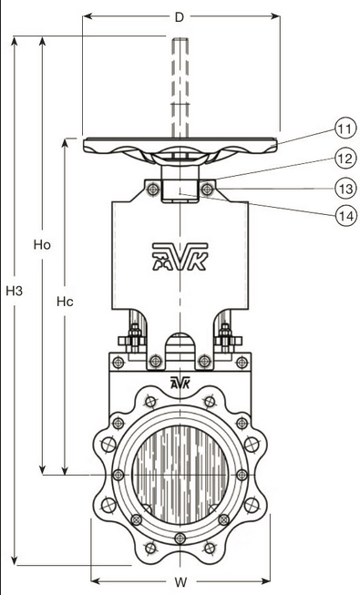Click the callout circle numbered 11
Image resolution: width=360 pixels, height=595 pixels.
pos(345,129)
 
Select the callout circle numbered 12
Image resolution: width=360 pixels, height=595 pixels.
pos(345,159)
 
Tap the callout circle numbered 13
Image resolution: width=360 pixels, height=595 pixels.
pos(345,189)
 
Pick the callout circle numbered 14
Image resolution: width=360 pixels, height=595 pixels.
pos(345,216)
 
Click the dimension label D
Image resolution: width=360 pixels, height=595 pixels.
pos(179,17)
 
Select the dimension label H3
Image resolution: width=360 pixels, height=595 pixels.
pos(15,291)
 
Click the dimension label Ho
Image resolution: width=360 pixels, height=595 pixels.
pos(42,245)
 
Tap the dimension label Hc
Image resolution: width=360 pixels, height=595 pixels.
pos(65,302)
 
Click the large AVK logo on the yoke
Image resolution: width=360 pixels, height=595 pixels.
pos(180,257)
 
